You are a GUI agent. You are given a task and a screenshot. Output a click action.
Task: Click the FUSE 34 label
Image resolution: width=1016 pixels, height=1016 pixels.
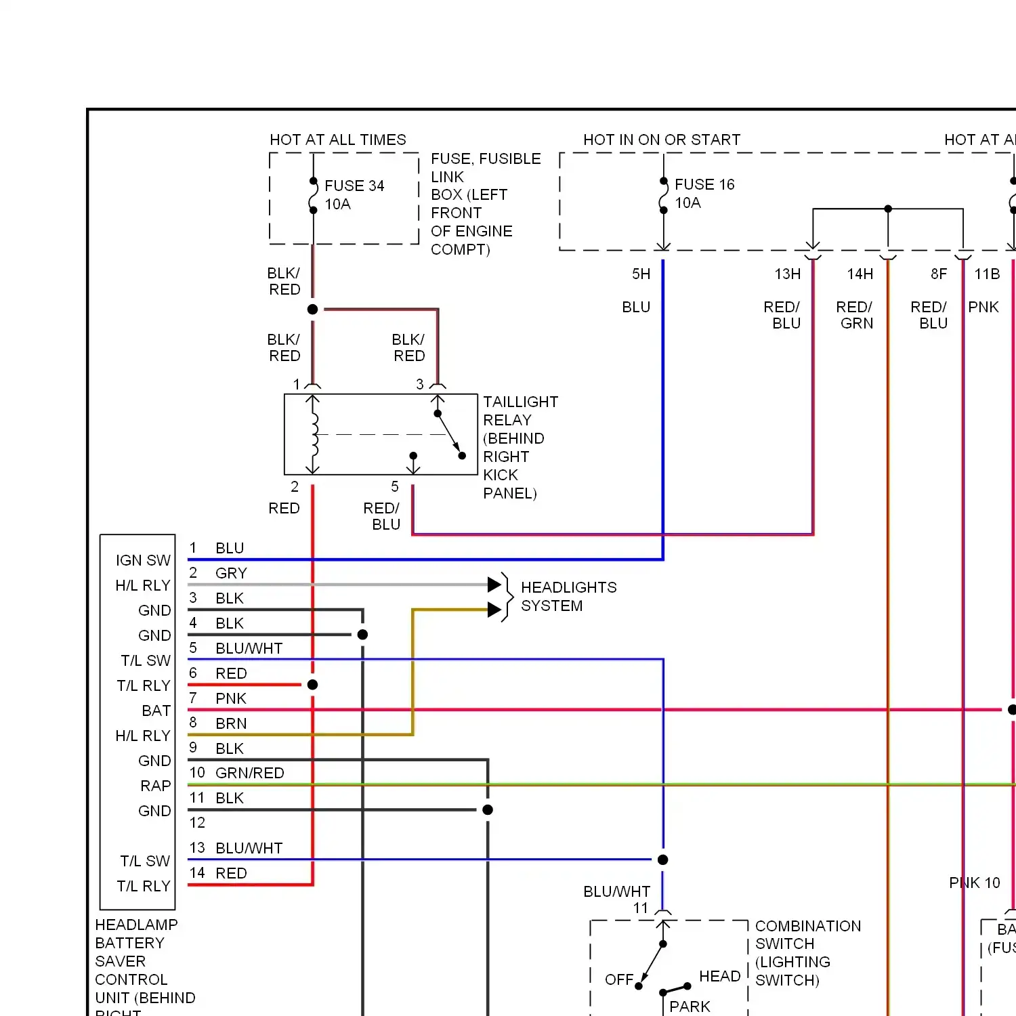[x=354, y=186]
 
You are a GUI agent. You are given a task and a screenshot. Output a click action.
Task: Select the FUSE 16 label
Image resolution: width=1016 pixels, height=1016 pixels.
[x=704, y=184]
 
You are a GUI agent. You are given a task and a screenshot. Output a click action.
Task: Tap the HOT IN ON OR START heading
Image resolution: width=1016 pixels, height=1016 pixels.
[x=661, y=140]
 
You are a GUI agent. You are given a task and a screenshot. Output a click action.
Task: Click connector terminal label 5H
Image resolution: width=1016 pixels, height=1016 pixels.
[x=641, y=274]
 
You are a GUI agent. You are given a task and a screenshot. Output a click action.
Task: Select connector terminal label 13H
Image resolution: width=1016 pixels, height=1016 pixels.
[x=787, y=274]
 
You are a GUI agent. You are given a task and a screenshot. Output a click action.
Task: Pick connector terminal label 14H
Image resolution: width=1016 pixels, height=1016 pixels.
[x=860, y=274]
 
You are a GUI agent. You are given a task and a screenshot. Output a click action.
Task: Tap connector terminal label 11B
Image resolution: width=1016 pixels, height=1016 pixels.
[x=986, y=274]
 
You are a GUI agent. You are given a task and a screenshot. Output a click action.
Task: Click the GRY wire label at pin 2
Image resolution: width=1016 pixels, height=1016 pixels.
[x=231, y=573]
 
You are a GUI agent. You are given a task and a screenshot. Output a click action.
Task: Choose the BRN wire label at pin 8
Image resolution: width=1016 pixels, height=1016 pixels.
[x=231, y=723]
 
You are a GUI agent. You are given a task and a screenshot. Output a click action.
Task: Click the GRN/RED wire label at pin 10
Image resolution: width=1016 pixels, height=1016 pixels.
[x=249, y=773]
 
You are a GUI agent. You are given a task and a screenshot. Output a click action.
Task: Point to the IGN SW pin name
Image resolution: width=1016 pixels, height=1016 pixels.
[x=143, y=560]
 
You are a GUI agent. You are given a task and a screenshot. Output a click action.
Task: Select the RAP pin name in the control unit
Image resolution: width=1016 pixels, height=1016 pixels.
[x=155, y=786]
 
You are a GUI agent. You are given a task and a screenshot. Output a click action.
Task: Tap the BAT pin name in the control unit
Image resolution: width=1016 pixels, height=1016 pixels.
[x=156, y=711]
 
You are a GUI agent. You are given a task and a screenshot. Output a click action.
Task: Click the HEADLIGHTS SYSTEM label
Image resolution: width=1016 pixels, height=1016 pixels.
[x=568, y=596]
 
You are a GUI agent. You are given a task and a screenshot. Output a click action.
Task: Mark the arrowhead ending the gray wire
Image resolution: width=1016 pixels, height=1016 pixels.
[x=494, y=584]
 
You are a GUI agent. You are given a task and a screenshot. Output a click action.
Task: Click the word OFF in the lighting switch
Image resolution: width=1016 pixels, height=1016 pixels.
[x=619, y=979]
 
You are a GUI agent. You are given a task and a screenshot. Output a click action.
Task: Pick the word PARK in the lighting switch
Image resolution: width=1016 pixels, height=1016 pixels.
[x=690, y=1007]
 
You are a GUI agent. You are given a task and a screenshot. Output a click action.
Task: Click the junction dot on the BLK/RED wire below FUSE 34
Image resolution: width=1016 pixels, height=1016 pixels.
[x=312, y=310]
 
